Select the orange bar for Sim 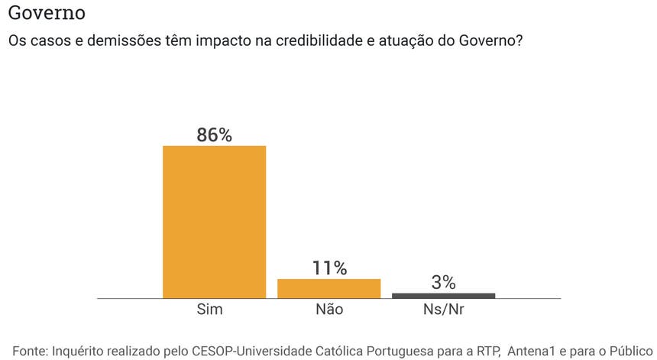click(214, 221)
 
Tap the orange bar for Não click(328, 288)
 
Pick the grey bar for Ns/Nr click(443, 295)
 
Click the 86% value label click(214, 135)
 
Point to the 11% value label click(329, 268)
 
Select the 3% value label click(443, 282)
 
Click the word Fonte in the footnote click(29, 351)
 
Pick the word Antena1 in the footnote click(532, 351)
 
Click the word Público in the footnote click(629, 351)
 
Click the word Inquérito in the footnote click(80, 351)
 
